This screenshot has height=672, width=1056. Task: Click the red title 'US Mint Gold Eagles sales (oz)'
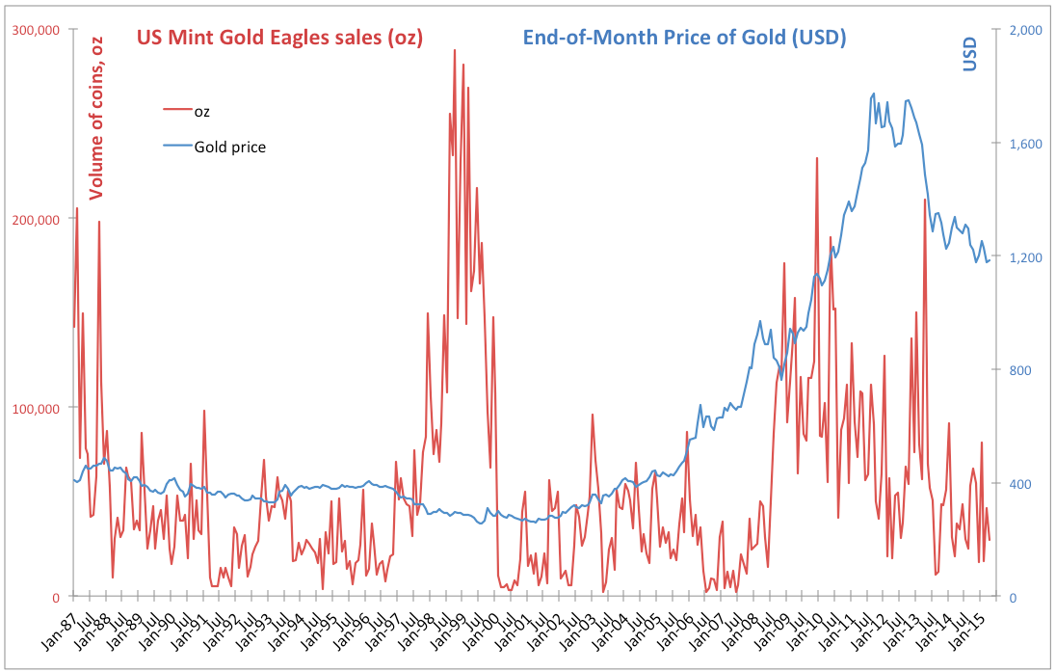pyautogui.click(x=280, y=38)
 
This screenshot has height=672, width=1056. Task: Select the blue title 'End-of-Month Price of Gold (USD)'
pyautogui.click(x=684, y=38)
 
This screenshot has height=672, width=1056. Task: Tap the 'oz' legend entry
pyautogui.click(x=202, y=111)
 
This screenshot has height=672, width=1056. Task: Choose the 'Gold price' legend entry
pyautogui.click(x=229, y=148)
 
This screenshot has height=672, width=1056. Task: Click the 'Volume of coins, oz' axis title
pyautogui.click(x=96, y=116)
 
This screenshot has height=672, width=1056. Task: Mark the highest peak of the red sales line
pyautogui.click(x=455, y=50)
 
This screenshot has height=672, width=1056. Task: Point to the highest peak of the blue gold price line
pyautogui.click(x=874, y=94)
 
